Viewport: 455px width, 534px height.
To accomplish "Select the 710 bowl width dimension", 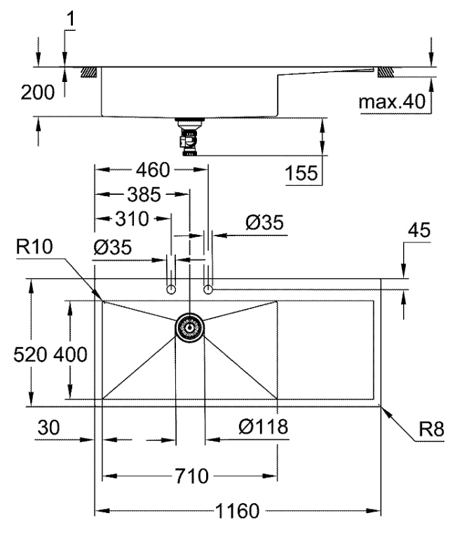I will [191, 477].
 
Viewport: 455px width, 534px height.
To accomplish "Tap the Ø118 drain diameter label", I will [262, 425].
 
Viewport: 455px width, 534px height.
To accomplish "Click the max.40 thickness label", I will [393, 102].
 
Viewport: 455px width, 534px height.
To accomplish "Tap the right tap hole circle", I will [208, 289].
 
